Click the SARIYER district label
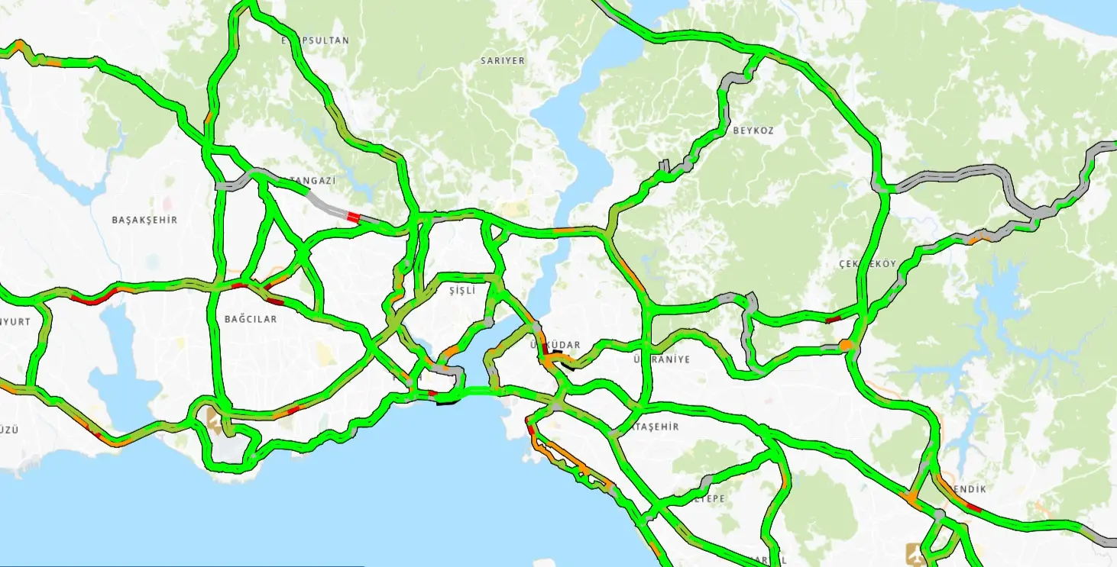tap(502, 60)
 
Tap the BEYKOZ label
tap(753, 130)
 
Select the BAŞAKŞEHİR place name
tap(144, 220)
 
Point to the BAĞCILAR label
tap(251, 319)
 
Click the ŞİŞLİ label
tap(462, 291)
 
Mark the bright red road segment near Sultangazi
tap(352, 217)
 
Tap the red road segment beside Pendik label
tap(973, 507)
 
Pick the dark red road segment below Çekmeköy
tap(833, 319)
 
